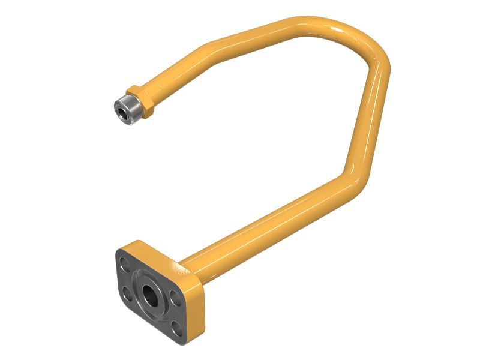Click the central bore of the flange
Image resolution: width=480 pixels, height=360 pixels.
148,293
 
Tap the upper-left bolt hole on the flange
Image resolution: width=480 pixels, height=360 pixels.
124,262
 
